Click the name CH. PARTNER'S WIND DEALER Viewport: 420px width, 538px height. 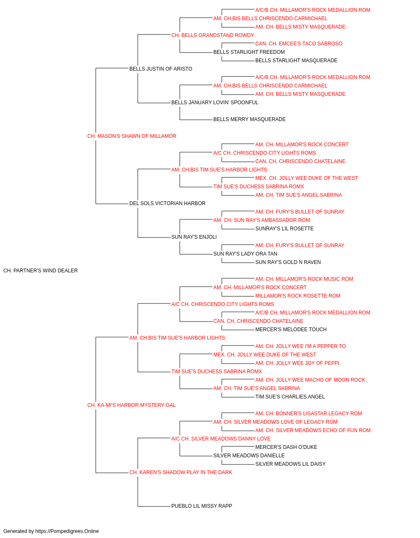[x=40, y=271]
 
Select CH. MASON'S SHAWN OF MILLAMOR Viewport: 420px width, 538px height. [x=131, y=136]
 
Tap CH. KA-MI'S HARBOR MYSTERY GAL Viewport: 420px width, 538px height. [x=131, y=405]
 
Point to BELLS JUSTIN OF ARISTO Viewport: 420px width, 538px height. [x=160, y=69]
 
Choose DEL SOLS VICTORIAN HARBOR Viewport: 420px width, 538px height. [x=167, y=203]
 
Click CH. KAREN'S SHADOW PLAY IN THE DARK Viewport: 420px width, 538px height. [x=181, y=472]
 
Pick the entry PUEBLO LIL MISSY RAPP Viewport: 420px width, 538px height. [x=202, y=506]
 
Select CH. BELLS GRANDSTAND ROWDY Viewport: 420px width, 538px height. [x=213, y=35]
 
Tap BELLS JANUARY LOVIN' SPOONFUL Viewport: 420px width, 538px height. [x=215, y=103]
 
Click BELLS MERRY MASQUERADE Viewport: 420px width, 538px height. [x=249, y=119]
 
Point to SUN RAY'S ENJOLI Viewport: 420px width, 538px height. [x=194, y=237]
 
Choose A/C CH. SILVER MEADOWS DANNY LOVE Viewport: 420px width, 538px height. [x=221, y=439]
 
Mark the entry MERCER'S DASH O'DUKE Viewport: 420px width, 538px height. [x=286, y=447]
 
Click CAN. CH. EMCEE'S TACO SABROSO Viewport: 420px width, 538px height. [x=299, y=44]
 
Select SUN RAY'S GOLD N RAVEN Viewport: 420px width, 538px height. [x=288, y=262]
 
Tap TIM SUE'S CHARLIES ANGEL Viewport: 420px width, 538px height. [x=290, y=397]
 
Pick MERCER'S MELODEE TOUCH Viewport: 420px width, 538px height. [x=291, y=329]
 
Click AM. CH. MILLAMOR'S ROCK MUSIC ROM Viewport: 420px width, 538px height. [x=304, y=279]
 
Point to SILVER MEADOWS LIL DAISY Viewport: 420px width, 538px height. [x=290, y=464]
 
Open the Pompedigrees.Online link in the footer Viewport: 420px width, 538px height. [x=67, y=531]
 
